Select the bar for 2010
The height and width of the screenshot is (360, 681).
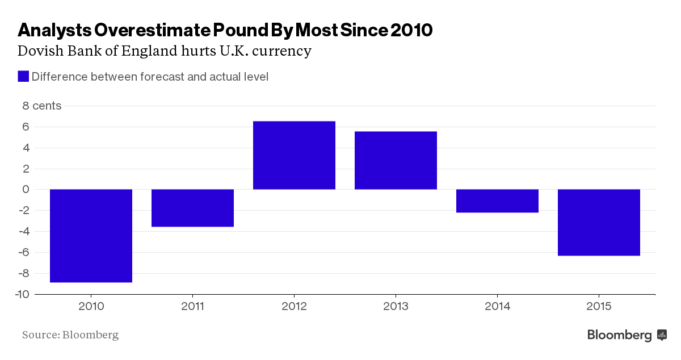click(91, 236)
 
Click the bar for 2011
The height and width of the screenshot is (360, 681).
click(192, 208)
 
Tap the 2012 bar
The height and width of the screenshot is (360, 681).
click(294, 155)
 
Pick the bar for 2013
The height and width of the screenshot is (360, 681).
click(396, 160)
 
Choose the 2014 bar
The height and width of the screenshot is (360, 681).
click(497, 201)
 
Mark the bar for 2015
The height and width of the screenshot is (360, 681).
click(599, 223)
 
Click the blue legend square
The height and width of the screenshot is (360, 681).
click(23, 76)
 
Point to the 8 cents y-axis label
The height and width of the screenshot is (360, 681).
click(41, 106)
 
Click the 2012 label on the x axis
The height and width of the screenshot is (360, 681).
click(294, 307)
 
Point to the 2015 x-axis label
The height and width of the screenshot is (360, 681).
click(599, 307)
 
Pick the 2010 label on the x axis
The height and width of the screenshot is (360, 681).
click(91, 307)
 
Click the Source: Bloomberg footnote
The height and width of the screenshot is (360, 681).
click(70, 334)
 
